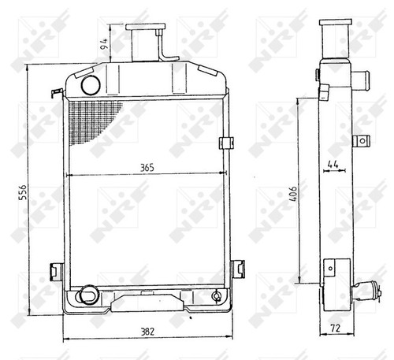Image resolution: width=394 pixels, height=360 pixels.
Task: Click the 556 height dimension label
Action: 24,192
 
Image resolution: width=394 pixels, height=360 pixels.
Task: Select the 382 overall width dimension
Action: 147,332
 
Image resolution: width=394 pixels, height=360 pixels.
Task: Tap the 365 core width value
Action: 147,168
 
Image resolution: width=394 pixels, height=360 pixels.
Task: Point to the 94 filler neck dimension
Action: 104,44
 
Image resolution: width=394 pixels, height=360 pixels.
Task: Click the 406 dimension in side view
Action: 293,194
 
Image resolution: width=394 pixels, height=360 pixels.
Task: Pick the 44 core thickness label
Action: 333,165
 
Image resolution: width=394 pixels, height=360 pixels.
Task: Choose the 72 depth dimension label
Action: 335,328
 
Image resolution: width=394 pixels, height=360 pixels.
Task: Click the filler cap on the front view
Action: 146,27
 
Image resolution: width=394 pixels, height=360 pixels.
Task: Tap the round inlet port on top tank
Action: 91,85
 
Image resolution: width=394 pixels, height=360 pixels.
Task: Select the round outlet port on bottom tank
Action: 88,295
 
